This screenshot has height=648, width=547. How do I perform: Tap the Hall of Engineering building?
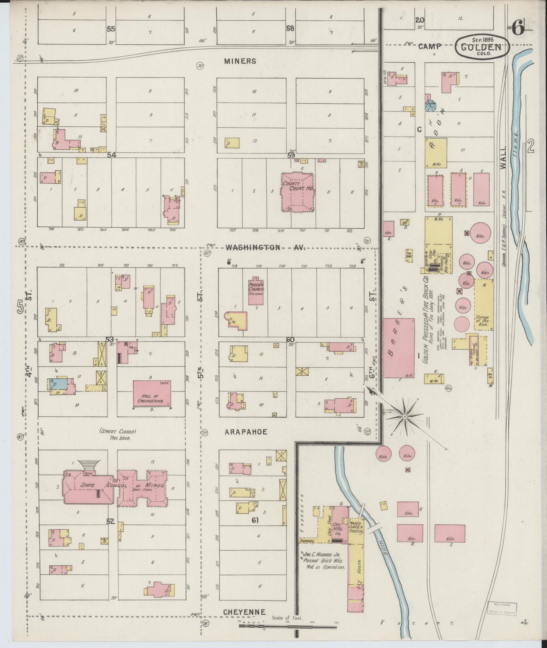point(152,394)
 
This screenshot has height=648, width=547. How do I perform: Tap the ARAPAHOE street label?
point(246,432)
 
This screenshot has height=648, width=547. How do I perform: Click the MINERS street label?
point(240,61)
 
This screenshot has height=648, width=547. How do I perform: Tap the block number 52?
point(111,531)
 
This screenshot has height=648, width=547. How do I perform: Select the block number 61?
point(255,530)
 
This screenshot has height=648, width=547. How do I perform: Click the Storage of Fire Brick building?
point(484,305)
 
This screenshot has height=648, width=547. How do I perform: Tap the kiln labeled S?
point(450,538)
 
